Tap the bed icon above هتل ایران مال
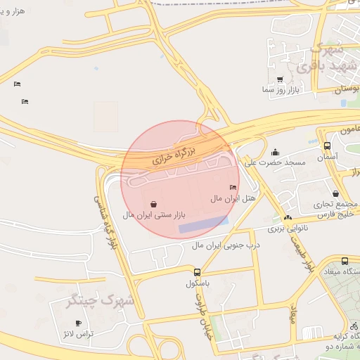233,187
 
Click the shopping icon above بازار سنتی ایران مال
154,203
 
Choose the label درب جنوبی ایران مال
226,245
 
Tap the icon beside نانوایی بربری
288,218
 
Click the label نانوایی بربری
260,229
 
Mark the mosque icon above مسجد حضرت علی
276,152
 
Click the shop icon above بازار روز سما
281,79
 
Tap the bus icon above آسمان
327,146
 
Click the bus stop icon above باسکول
197,272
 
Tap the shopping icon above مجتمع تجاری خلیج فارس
335,193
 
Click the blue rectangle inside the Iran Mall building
204,224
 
